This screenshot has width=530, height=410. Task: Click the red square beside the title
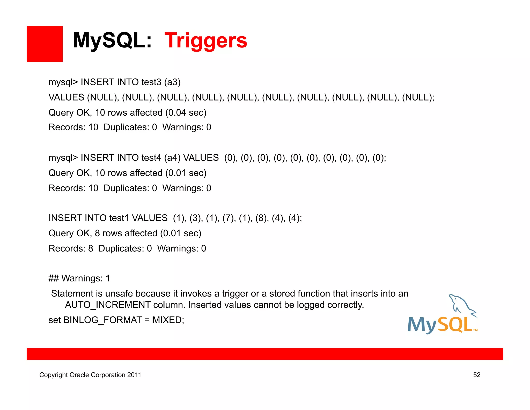click(45, 44)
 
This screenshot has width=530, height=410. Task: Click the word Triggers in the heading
click(206, 41)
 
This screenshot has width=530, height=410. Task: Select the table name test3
click(151, 82)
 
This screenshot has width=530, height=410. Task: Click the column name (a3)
click(172, 82)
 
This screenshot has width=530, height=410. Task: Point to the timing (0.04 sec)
click(186, 113)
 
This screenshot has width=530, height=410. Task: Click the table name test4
click(151, 158)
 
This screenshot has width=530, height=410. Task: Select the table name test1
click(119, 218)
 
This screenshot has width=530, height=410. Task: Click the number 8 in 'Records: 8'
click(91, 249)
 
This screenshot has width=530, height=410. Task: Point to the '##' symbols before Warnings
click(54, 278)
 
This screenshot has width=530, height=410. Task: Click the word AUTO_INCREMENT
click(108, 305)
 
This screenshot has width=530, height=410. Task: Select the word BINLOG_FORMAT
click(102, 320)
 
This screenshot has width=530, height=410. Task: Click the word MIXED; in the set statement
click(168, 320)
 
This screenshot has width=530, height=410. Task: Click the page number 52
click(477, 375)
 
